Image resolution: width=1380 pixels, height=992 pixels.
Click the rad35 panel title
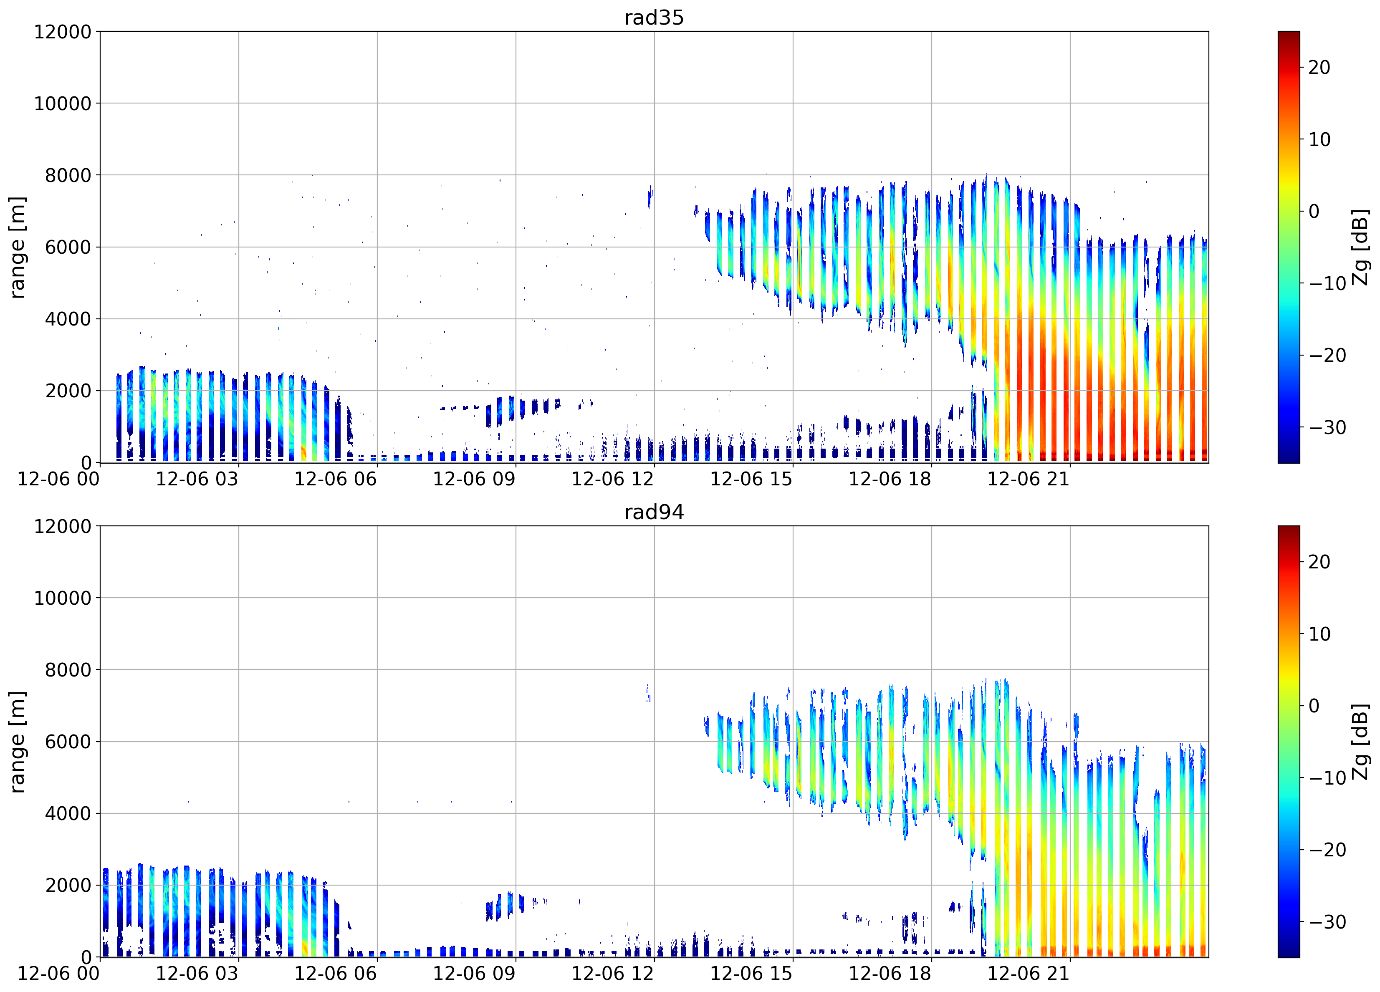[654, 18]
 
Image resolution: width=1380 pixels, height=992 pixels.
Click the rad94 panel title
[654, 512]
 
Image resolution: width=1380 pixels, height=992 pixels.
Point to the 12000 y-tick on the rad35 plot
[63, 32]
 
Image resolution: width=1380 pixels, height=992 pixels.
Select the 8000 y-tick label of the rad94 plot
[68, 670]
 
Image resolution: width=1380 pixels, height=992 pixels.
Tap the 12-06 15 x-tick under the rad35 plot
[751, 479]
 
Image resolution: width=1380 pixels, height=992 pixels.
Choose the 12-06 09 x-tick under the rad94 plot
[474, 974]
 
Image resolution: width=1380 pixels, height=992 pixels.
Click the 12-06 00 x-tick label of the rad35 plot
[58, 479]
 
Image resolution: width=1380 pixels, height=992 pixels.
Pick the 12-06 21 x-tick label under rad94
[1028, 974]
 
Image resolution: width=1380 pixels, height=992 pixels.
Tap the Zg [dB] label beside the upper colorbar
[1360, 247]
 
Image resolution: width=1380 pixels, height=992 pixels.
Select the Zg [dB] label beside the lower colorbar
[1360, 742]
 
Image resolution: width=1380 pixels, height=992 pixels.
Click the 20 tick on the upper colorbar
[1319, 68]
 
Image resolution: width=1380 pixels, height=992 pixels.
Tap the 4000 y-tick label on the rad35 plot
[68, 319]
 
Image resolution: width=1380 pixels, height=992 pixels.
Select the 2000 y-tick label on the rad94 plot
[68, 885]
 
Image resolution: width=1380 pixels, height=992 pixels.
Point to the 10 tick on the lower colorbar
[1319, 634]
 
